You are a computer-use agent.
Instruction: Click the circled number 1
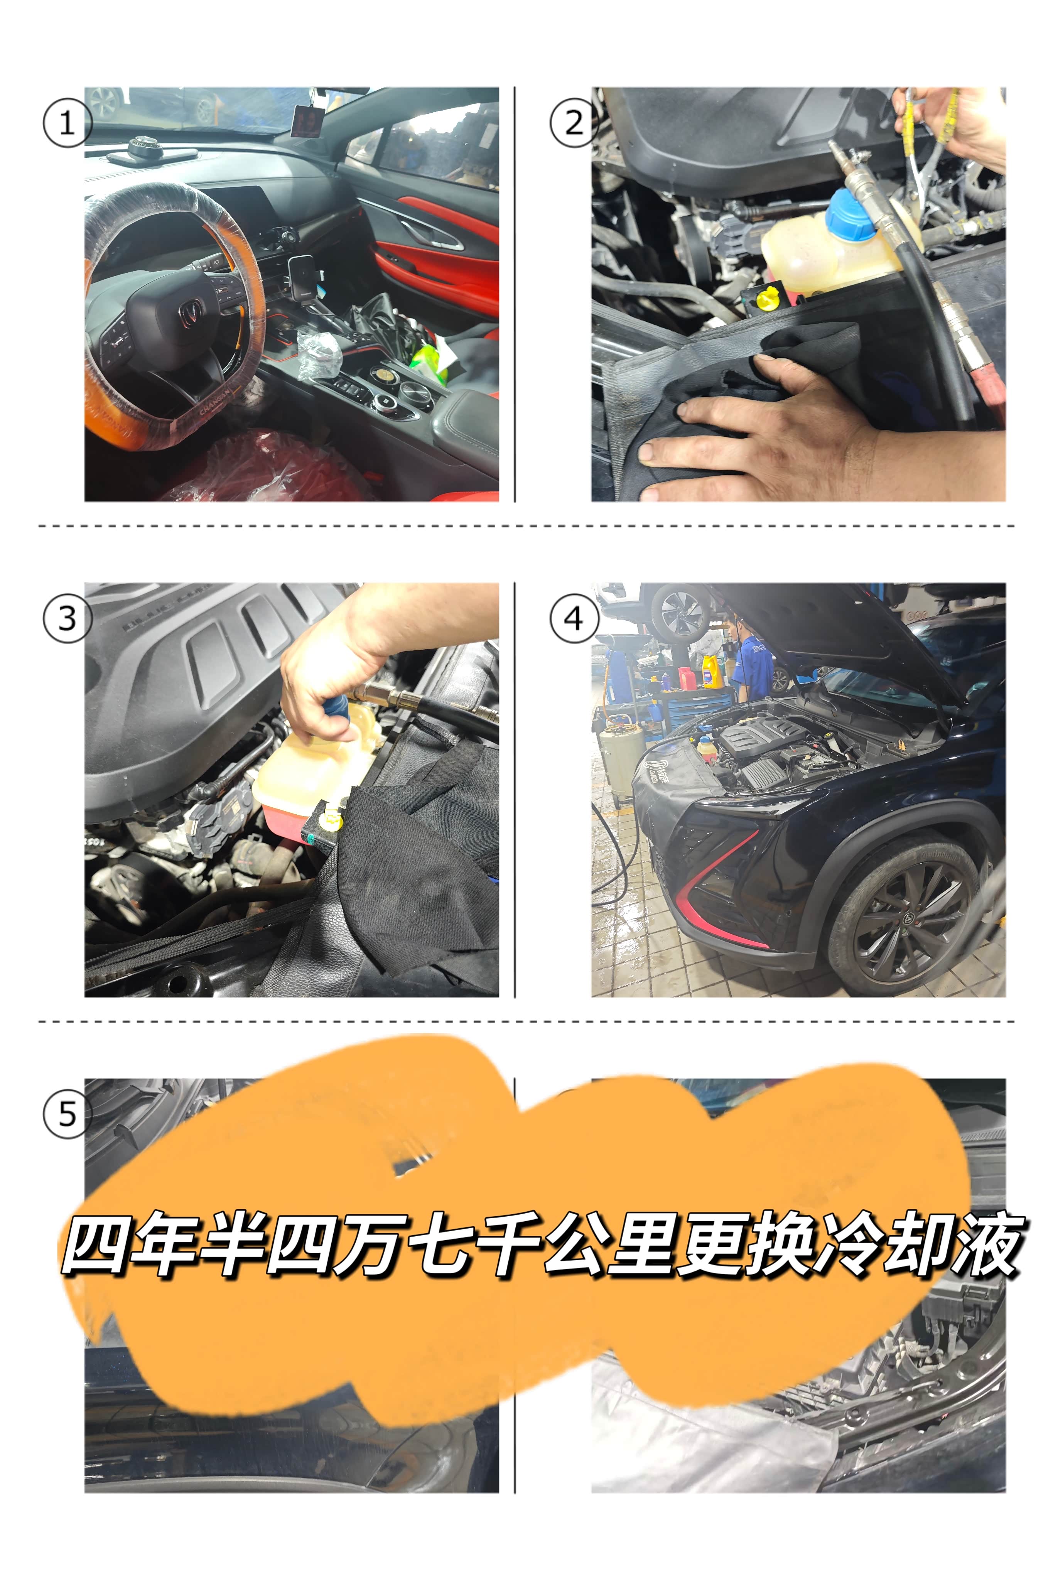pos(66,123)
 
